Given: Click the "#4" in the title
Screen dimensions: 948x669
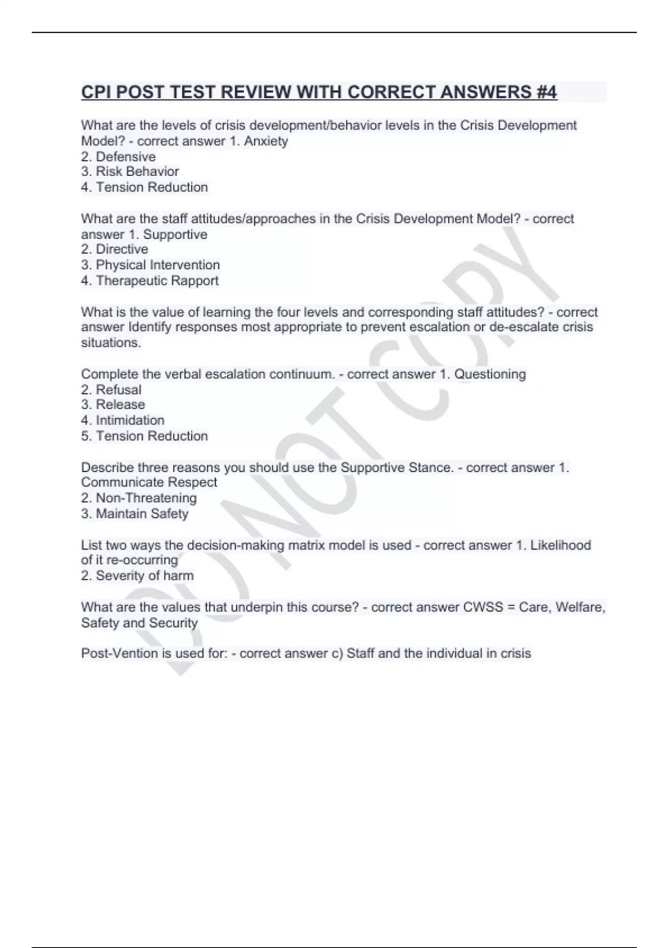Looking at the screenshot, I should click(546, 92).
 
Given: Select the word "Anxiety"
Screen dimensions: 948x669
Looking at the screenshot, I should click(266, 141).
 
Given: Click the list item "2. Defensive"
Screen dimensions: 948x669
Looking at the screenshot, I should click(118, 157).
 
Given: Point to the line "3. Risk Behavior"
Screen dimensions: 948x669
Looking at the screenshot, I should click(130, 172).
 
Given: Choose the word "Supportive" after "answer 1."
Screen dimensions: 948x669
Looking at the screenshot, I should click(175, 234).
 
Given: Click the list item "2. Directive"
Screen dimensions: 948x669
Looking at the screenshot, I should click(114, 249).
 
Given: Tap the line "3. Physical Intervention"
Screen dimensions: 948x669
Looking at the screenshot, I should click(151, 265).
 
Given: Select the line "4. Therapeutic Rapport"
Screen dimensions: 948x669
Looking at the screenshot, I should click(149, 280).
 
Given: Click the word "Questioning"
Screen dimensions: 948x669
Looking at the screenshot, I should click(490, 374).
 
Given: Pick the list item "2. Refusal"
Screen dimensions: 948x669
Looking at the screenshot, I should click(111, 390).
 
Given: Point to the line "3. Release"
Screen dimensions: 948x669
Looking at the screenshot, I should click(113, 405).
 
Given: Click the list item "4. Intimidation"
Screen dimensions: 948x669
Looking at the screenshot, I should click(123, 420).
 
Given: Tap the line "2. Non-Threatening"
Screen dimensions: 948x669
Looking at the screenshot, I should click(139, 498).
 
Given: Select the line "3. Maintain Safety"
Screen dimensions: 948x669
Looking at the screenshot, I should click(134, 514).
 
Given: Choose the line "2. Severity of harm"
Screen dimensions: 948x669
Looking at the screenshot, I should click(137, 576).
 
